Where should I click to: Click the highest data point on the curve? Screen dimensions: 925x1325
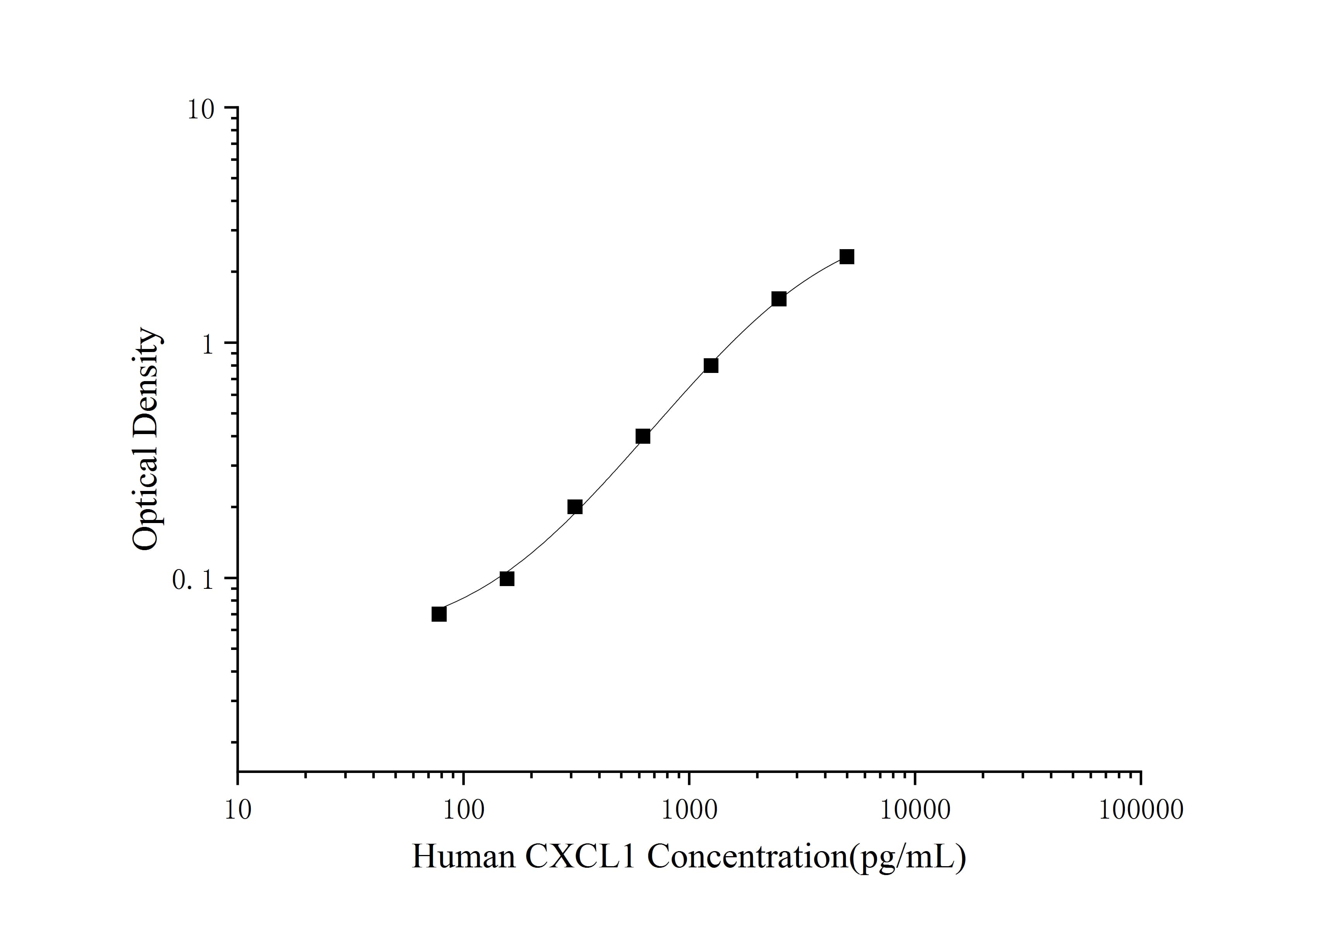click(x=847, y=256)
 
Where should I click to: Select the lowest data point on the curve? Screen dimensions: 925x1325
click(x=439, y=614)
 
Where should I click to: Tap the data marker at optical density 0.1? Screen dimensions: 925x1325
click(x=507, y=578)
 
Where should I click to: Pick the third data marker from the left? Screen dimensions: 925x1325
click(x=575, y=507)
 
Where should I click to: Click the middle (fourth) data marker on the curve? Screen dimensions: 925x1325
click(x=643, y=436)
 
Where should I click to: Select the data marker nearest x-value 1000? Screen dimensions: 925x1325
click(x=711, y=366)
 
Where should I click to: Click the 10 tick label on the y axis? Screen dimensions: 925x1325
click(x=200, y=109)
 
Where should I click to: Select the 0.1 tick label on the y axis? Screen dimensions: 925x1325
click(x=193, y=580)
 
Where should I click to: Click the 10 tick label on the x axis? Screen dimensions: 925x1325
click(x=237, y=810)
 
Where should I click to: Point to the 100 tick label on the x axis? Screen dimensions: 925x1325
click(x=463, y=810)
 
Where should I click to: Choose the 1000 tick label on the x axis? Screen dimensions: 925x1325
click(x=689, y=810)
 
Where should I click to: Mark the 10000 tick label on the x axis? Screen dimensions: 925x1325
click(x=915, y=810)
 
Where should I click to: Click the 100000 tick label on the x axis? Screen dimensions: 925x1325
click(x=1140, y=810)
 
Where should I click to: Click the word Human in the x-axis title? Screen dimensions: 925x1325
click(x=463, y=857)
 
